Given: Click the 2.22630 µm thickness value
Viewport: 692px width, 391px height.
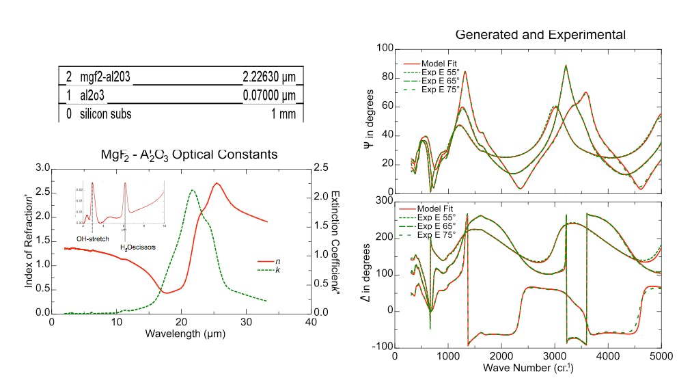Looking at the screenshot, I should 269,75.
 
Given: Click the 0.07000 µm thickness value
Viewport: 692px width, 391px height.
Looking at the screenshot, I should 269,95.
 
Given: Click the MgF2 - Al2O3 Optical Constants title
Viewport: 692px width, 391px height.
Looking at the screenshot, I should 189,154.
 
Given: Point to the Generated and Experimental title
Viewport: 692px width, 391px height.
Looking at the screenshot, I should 540,34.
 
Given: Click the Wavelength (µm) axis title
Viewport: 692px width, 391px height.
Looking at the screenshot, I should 185,334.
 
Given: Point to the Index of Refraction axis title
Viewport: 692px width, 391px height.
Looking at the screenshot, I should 29,241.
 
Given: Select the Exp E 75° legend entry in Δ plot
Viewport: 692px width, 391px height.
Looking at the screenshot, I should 441,235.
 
